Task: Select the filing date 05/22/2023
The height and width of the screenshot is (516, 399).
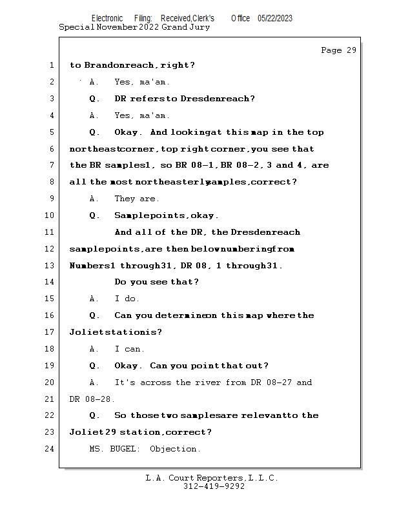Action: point(274,19)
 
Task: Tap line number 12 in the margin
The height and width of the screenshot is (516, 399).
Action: point(50,249)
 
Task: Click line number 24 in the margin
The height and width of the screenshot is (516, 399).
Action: point(50,449)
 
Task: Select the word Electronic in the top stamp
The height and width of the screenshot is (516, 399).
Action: point(107,19)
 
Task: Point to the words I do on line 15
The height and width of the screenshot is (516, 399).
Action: point(127,299)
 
